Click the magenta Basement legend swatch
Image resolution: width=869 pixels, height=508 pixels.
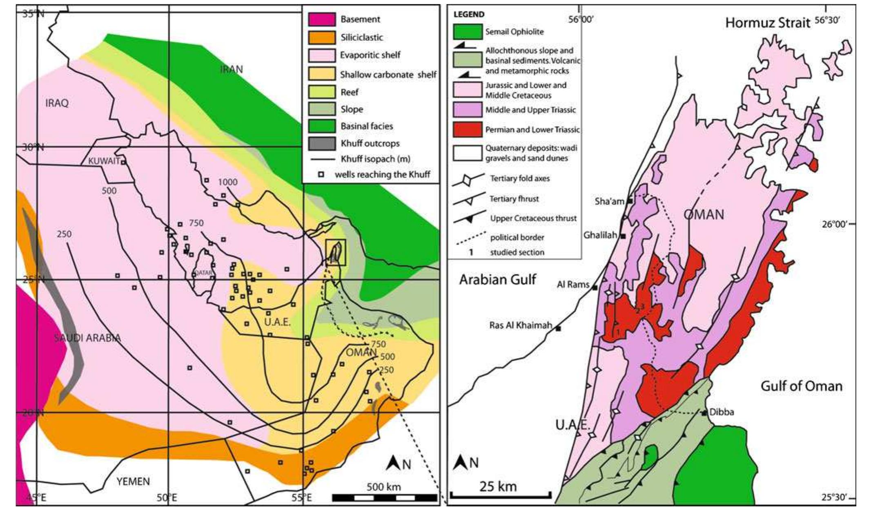(322, 19)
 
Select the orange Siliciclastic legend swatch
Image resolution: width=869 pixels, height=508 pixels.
(322, 38)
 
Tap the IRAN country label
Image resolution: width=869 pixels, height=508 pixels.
(232, 69)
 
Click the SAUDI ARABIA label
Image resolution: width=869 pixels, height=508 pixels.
(87, 338)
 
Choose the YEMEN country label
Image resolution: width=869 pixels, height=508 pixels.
(133, 481)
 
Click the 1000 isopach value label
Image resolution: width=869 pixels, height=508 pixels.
(227, 182)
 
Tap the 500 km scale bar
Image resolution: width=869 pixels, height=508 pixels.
(384, 498)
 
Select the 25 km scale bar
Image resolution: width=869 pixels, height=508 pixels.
(501, 496)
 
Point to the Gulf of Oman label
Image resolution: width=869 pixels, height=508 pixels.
(801, 386)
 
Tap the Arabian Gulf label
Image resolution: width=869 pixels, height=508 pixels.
(497, 280)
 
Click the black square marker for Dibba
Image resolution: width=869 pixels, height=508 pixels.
(704, 413)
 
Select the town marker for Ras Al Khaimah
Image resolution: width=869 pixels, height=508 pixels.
(558, 328)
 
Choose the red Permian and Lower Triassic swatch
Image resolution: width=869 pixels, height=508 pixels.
(467, 129)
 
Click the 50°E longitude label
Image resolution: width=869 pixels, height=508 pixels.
(166, 497)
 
